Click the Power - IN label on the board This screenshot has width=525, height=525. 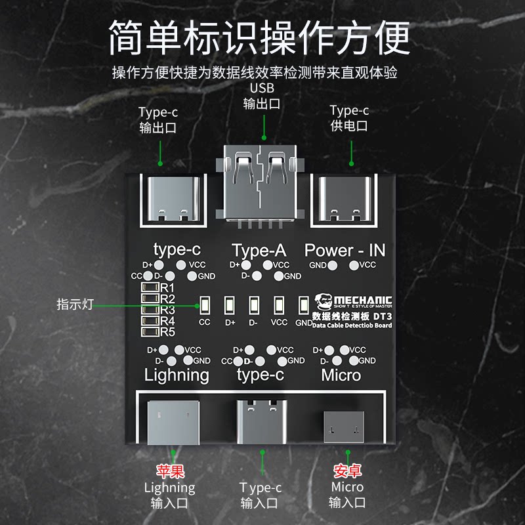[x=345, y=250]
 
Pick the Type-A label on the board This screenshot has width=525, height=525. [x=259, y=250]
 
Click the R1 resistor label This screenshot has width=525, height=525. [x=167, y=288]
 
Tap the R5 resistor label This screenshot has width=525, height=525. [x=167, y=331]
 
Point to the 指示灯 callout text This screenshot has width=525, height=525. [x=75, y=304]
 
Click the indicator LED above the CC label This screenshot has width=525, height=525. [x=204, y=305]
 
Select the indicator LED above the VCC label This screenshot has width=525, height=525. [x=279, y=305]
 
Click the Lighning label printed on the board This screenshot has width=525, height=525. [x=177, y=375]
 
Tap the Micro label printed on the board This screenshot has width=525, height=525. [x=341, y=375]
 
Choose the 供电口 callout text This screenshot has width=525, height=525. [x=349, y=126]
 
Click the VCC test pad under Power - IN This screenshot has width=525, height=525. [x=354, y=265]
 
